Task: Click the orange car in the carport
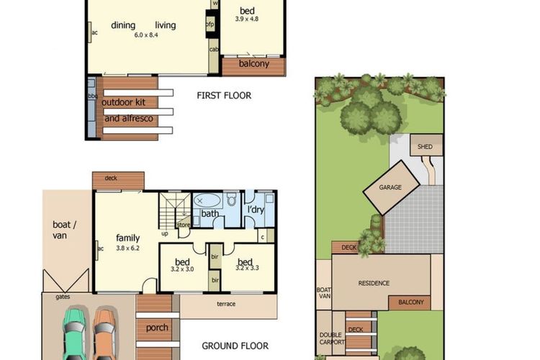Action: point(104,335)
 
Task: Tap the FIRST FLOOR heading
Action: point(224,95)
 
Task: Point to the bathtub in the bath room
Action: point(210,201)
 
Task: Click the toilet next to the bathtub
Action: point(232,199)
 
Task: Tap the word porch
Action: point(157,328)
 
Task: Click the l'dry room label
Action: point(256,210)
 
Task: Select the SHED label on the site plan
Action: point(425,147)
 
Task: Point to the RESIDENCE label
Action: point(374,283)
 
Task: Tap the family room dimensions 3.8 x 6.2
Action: point(127,248)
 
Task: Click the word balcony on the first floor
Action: point(253,64)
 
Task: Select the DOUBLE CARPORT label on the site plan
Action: point(332,339)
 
